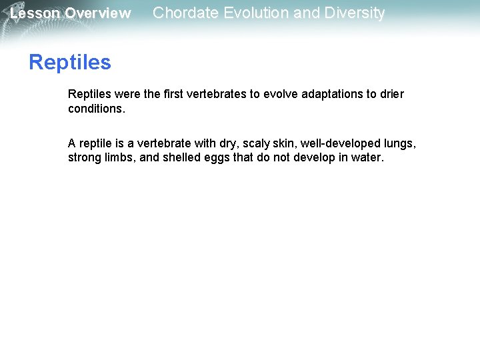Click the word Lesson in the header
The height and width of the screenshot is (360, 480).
pyautogui.click(x=35, y=13)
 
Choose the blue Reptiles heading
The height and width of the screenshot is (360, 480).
pyautogui.click(x=70, y=63)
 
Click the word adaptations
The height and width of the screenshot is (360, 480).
pyautogui.click(x=330, y=94)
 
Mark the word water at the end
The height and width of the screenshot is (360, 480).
pyautogui.click(x=369, y=158)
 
